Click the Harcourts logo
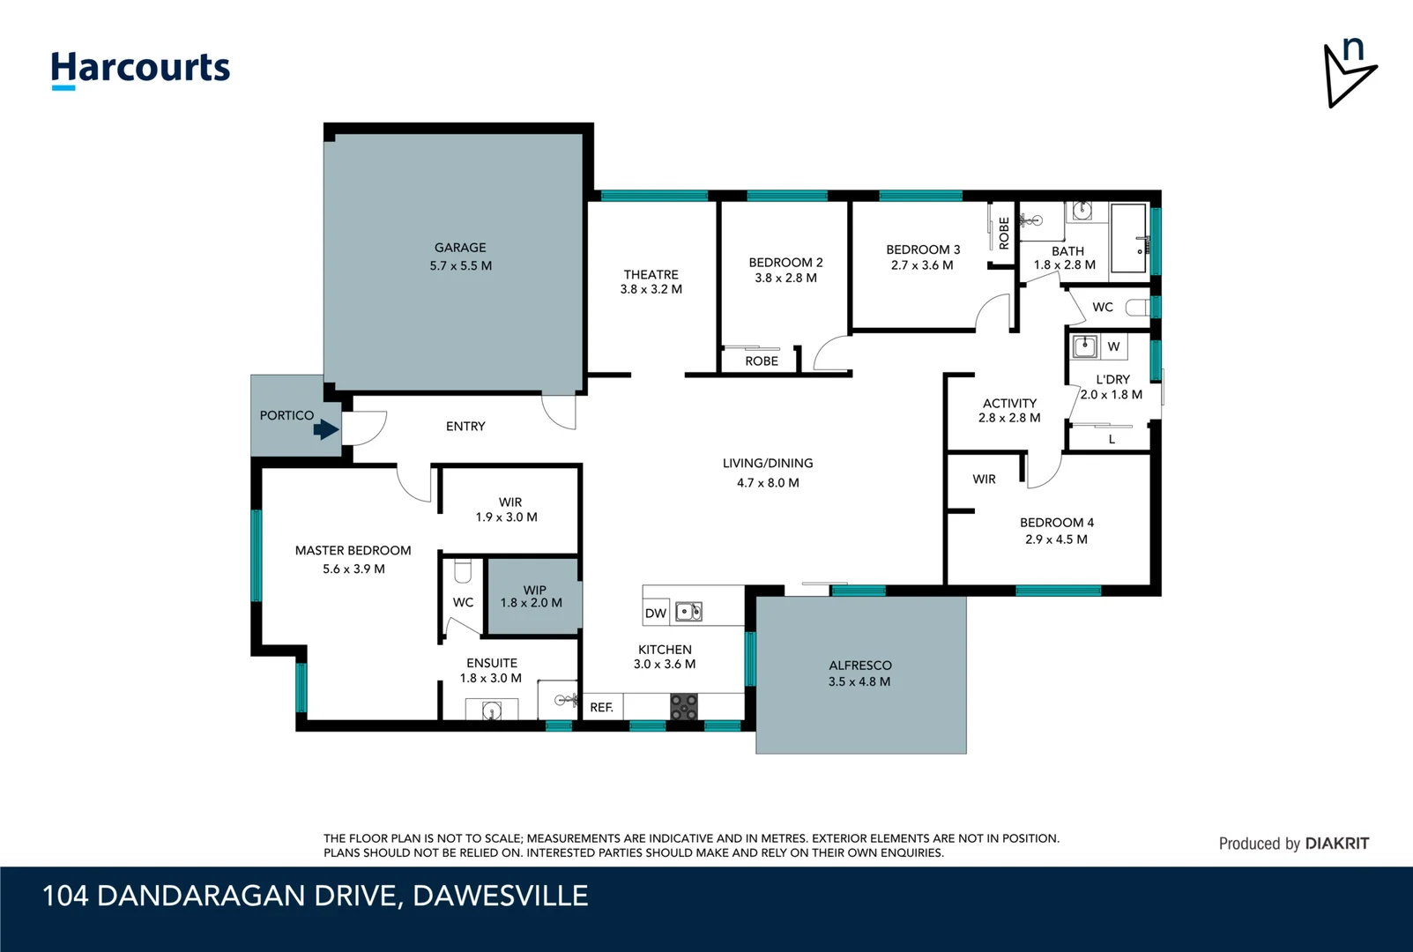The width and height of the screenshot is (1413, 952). [140, 69]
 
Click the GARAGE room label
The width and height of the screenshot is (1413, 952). [460, 248]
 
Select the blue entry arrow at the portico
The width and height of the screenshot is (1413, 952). [326, 429]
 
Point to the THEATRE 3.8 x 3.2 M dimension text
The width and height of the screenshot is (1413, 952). [651, 289]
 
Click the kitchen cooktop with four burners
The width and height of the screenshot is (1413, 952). [684, 707]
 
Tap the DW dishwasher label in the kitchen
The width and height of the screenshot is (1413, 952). [656, 614]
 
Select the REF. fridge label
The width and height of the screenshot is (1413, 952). [602, 707]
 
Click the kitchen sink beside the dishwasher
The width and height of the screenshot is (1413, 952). [688, 612]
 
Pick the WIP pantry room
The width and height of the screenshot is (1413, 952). [532, 597]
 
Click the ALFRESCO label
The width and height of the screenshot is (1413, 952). [860, 666]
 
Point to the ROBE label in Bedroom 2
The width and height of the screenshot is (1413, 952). [762, 361]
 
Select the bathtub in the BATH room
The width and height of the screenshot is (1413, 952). [1128, 238]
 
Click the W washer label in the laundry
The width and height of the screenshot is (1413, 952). [1113, 346]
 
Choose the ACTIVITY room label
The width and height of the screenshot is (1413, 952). [1009, 403]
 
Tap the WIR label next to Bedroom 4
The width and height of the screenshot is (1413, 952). [984, 480]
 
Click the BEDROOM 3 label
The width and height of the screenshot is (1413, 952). [923, 249]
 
